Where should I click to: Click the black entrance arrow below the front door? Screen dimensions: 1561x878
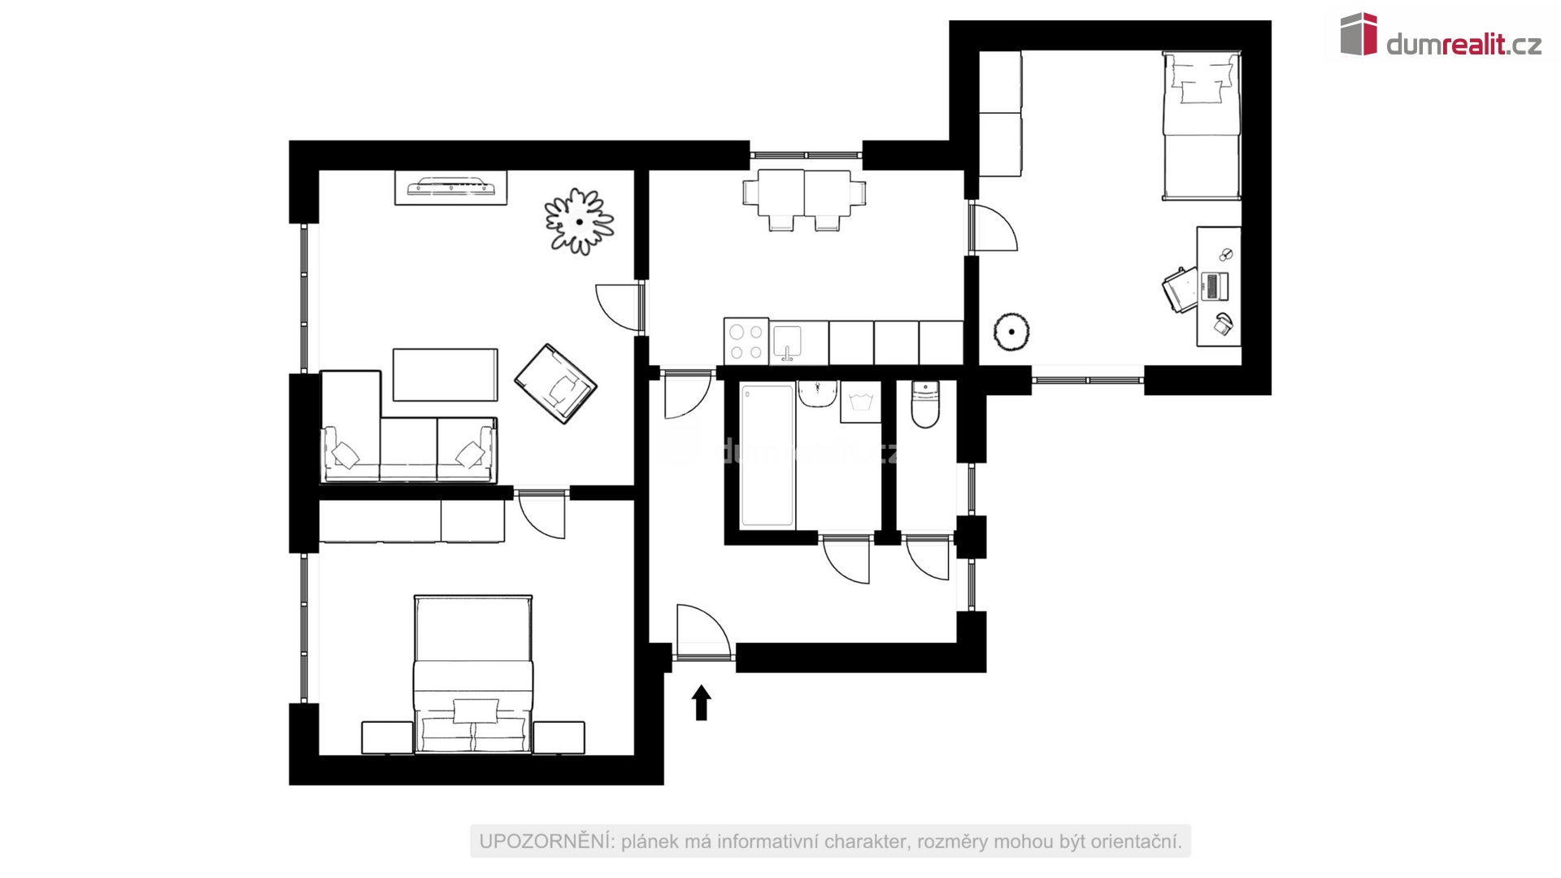coord(702,702)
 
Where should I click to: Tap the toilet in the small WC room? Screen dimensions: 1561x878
coord(925,404)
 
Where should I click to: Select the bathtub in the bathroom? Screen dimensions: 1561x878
coord(767,455)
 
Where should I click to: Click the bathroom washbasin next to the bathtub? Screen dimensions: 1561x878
coord(817,394)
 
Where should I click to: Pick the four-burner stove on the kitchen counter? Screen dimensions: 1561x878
coord(746,341)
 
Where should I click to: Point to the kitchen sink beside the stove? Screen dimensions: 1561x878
coord(787,342)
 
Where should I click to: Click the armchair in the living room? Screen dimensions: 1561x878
coord(556,384)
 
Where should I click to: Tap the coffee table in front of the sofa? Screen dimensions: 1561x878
coord(446,375)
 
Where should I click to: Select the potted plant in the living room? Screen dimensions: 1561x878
coord(579,221)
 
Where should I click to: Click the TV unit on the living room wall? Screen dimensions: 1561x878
coord(450,188)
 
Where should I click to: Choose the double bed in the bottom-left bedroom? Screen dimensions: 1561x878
coord(473,674)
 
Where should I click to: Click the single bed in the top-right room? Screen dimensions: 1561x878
coord(1202,125)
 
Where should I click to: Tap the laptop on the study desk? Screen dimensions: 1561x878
coord(1212,285)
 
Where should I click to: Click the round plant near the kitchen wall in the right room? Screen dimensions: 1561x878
coord(1011,332)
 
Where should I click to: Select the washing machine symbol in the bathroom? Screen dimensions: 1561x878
coord(860,402)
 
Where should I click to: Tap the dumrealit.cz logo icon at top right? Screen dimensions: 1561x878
coord(1359,34)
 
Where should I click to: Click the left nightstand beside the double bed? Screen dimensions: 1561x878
coord(387,738)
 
